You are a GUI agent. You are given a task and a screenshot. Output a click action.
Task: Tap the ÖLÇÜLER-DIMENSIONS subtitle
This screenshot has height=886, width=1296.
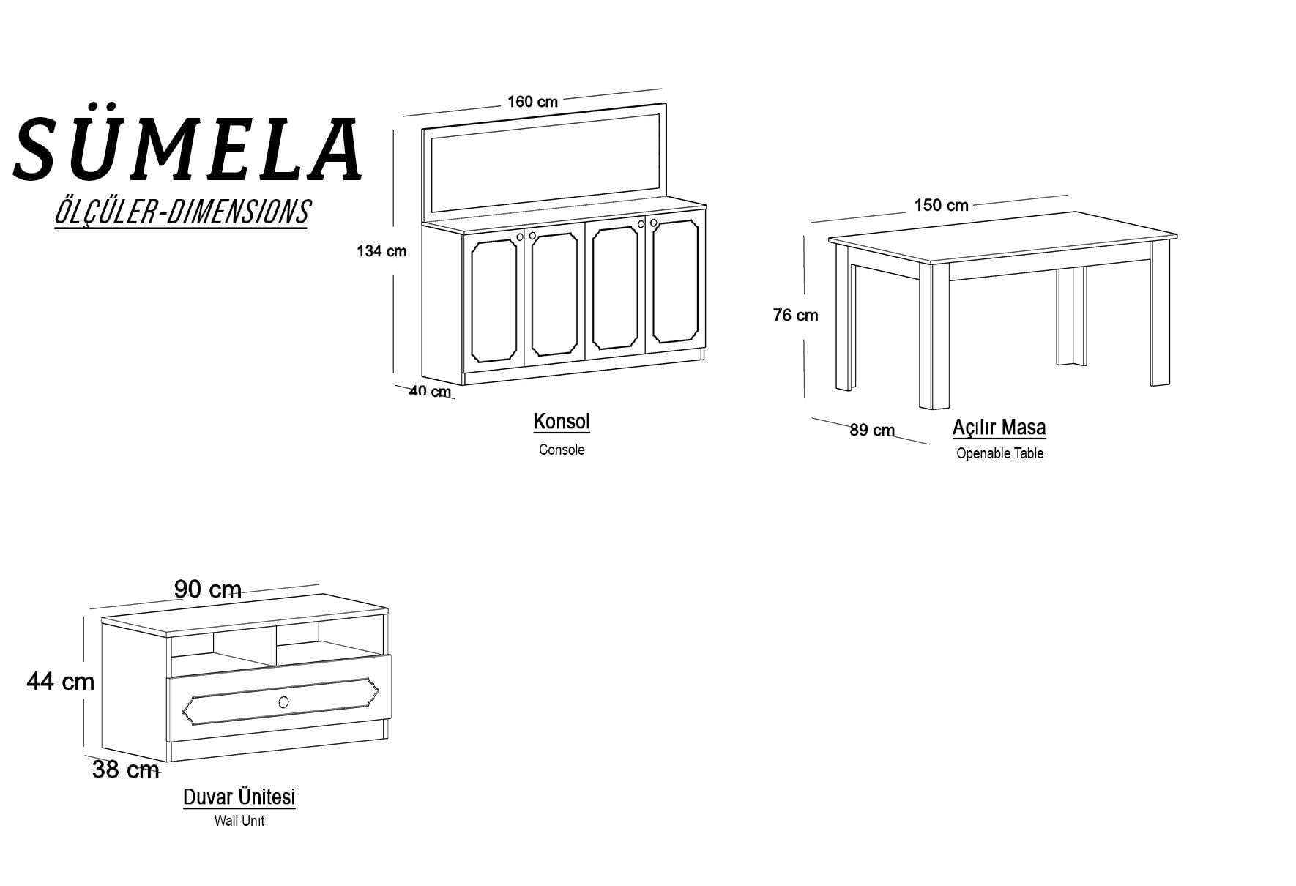(182, 212)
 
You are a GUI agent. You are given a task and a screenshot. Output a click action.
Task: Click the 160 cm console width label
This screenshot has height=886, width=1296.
(532, 102)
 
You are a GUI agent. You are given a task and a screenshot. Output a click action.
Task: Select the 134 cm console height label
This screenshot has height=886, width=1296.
(381, 251)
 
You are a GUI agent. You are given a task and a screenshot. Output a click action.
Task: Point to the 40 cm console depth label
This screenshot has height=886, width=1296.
(430, 391)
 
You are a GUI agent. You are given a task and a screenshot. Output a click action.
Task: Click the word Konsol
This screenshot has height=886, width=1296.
(562, 422)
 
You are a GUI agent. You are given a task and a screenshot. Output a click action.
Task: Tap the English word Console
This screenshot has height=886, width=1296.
(562, 450)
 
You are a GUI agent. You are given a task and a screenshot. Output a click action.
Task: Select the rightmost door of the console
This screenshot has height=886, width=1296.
(675, 285)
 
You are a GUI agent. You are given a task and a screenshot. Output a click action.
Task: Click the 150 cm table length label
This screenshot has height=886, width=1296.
(941, 205)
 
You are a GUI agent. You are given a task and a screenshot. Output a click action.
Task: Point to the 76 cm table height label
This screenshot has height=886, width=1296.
(795, 315)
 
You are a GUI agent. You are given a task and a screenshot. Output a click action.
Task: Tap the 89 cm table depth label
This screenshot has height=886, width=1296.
(872, 430)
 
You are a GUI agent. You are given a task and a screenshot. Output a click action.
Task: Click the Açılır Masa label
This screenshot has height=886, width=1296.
(999, 428)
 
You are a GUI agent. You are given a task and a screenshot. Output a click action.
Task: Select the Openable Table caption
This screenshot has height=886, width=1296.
(999, 453)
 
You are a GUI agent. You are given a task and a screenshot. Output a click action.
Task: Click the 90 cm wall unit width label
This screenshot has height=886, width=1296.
(208, 589)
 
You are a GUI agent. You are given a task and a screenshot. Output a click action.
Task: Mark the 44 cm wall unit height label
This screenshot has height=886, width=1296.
(61, 682)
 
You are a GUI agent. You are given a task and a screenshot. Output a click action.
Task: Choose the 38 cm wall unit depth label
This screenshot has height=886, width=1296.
(126, 770)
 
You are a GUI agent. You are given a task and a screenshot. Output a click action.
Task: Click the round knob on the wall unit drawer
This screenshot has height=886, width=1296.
(284, 702)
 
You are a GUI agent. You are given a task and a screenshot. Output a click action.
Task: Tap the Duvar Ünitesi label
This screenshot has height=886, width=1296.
(239, 797)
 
